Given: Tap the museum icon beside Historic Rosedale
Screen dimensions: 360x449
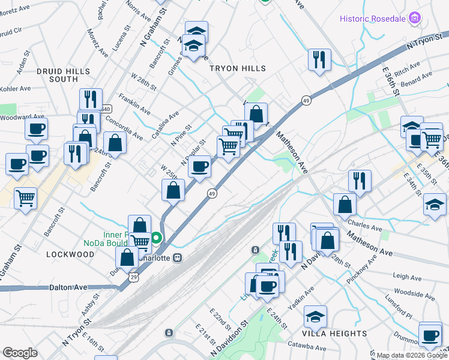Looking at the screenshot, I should click(x=414, y=19).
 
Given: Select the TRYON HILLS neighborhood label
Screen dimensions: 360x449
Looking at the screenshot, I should click(x=237, y=69).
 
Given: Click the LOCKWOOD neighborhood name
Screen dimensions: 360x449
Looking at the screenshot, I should click(x=70, y=254).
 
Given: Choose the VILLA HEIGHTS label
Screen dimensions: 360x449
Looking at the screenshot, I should click(x=334, y=334).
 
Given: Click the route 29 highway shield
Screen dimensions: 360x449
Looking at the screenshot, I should click(x=133, y=276).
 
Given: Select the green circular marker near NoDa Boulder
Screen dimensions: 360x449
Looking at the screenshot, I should click(x=156, y=238).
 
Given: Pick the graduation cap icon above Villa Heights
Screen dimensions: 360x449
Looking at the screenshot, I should click(x=315, y=315).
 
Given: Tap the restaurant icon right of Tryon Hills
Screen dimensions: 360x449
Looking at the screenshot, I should click(x=319, y=59).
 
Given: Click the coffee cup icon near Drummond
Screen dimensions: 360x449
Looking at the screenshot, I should click(x=430, y=335).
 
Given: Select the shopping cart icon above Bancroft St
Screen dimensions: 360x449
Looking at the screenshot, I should click(x=25, y=197).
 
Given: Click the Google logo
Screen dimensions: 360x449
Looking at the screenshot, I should click(x=20, y=353).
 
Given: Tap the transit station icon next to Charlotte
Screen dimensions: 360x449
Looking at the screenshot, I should click(x=177, y=258).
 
